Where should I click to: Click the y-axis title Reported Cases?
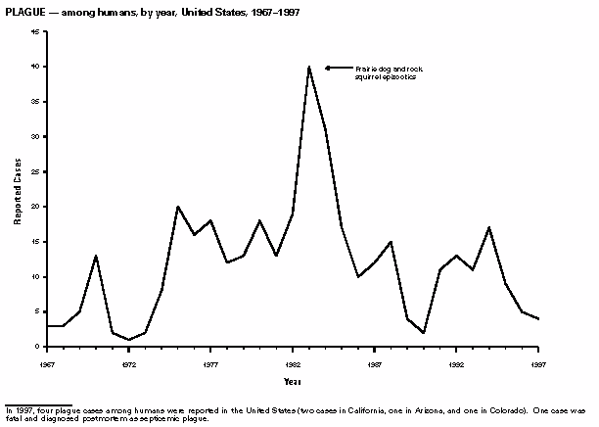[17, 190]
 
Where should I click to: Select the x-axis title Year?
[292, 381]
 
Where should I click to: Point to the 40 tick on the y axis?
[34, 67]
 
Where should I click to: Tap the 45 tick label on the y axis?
[34, 31]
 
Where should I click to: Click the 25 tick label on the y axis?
[34, 171]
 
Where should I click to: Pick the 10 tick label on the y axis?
[34, 276]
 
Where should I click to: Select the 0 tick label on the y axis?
[36, 347]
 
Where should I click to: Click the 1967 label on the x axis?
[47, 362]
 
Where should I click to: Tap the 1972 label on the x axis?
[128, 362]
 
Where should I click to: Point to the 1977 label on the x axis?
[210, 362]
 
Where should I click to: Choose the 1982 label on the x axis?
[292, 362]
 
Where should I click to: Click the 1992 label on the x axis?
[455, 362]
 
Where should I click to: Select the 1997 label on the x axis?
[536, 362]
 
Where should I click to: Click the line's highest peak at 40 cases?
[308, 67]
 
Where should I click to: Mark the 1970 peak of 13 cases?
[96, 256]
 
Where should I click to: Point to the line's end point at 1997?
[536, 319]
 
